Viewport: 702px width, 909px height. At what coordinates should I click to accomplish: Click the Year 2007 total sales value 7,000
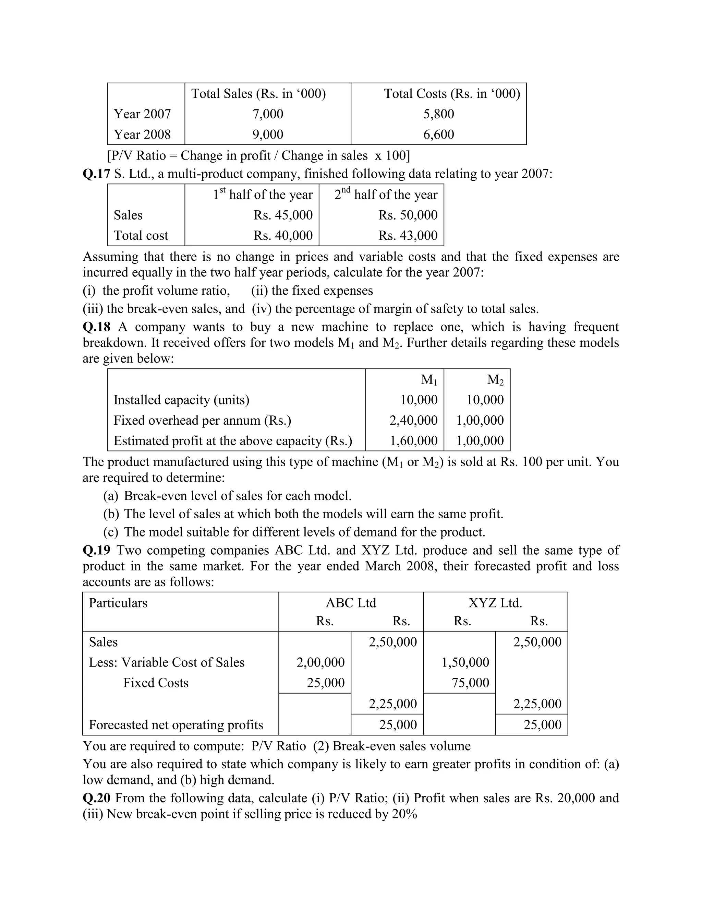tap(268, 114)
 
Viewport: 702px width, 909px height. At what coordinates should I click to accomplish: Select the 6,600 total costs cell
tap(439, 134)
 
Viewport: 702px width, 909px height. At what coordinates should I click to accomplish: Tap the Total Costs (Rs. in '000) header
tap(452, 94)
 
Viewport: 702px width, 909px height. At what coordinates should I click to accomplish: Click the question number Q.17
tap(96, 174)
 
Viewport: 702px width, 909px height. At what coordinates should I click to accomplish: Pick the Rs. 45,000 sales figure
tap(283, 215)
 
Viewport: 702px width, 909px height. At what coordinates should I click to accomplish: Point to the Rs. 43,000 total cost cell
tap(408, 236)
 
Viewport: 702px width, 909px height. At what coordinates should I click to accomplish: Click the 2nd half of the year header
tap(386, 194)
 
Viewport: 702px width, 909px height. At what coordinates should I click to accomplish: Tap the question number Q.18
tap(96, 327)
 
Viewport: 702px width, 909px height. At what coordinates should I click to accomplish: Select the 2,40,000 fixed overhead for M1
tap(413, 421)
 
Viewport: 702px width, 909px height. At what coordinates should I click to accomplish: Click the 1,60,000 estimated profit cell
tap(413, 441)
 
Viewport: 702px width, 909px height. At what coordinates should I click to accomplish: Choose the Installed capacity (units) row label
tap(181, 400)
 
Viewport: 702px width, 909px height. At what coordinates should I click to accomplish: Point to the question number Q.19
tap(96, 550)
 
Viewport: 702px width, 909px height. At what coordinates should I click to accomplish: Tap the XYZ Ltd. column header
tap(495, 603)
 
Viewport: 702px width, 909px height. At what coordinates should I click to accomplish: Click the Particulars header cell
tap(118, 603)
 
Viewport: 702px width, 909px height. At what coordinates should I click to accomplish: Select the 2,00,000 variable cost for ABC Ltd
tap(320, 662)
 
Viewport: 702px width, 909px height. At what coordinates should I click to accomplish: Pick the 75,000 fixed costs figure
tap(470, 683)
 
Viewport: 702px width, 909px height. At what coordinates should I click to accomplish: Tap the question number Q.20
tap(96, 798)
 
